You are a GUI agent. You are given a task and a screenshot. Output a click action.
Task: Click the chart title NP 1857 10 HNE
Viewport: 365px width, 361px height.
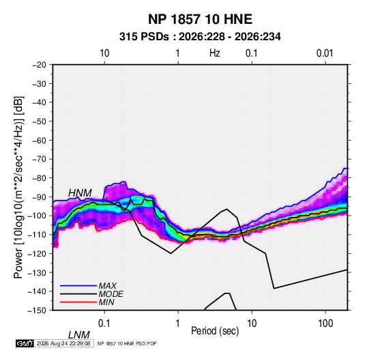200,19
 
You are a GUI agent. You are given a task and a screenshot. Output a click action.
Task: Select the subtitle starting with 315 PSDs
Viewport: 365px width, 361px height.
200,37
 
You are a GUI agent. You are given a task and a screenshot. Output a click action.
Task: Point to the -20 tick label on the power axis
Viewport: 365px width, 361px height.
39,65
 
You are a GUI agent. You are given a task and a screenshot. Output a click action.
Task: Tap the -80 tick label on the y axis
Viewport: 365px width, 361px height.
39,178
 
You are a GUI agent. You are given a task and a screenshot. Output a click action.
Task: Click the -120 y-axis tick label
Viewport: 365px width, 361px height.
38,253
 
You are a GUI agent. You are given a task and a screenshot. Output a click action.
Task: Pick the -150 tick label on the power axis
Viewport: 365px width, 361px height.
38,311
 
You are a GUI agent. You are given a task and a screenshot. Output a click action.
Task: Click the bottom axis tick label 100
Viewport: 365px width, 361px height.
325,323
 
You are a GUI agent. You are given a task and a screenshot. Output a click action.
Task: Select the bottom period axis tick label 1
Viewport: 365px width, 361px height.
178,323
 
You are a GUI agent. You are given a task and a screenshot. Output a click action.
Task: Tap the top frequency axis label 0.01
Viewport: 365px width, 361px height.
325,53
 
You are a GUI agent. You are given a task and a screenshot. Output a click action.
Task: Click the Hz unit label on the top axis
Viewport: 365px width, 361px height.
215,53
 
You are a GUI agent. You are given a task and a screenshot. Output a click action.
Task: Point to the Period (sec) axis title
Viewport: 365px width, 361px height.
215,331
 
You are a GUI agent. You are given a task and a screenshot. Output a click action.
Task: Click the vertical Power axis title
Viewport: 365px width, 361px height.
18,188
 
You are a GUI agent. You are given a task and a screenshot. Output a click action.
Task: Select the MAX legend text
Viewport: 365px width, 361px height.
108,285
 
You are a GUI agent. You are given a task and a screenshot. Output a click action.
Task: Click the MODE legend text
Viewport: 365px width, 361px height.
111,294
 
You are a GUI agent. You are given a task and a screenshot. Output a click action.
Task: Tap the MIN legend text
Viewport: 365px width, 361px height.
106,302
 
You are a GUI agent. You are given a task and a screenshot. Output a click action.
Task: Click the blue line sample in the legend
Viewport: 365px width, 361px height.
78,286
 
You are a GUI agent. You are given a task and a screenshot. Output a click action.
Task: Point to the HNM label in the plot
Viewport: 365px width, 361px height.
80,193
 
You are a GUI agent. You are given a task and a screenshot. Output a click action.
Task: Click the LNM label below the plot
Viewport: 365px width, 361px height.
78,335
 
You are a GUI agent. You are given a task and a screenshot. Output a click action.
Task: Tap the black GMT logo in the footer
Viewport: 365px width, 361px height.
25,343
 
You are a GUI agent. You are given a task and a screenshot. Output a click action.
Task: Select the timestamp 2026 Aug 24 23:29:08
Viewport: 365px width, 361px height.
63,343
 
